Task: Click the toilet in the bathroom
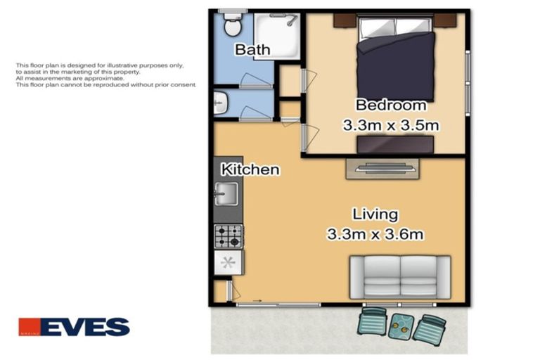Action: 231,27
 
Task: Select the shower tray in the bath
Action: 276,34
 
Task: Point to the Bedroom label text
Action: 390,105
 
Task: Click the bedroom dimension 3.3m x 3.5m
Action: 390,126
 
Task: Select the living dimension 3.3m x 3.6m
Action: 375,234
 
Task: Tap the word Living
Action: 375,214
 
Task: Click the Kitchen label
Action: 250,169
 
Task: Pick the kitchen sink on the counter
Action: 228,193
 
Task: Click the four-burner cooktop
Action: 229,236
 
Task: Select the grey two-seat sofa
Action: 399,277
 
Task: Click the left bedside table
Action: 344,20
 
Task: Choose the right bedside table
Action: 444,20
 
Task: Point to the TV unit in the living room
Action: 382,168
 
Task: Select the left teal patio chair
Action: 373,322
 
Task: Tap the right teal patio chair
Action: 429,328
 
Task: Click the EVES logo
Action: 74,327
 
